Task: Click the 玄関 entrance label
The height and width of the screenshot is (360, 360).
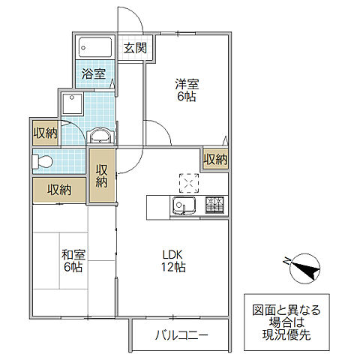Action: pos(135,49)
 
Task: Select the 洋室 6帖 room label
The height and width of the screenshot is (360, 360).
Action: pos(185,91)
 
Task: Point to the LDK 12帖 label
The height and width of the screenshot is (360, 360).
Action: pos(173,259)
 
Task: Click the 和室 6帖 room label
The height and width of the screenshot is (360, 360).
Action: pos(72,259)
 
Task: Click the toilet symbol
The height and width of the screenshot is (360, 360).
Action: pos(43,160)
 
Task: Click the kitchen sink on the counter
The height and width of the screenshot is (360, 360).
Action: pos(184,205)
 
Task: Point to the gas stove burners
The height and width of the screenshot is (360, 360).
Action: pos(214,204)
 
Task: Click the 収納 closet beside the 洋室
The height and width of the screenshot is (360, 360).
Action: pos(215,159)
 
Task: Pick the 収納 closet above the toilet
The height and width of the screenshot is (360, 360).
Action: pos(45,133)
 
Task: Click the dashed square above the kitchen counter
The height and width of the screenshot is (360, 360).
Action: pos(186,183)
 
